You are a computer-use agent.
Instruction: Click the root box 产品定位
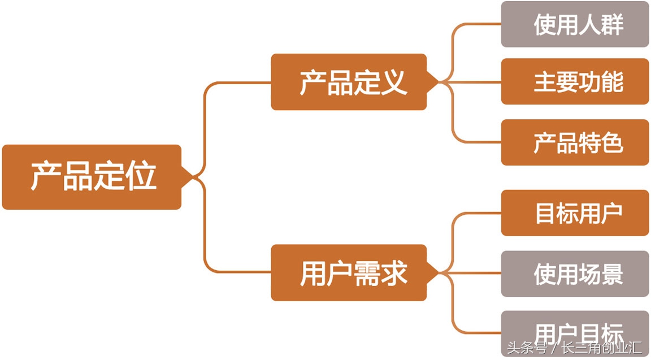click(92, 177)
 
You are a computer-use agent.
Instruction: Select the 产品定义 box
click(348, 82)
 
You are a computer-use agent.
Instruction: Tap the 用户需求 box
click(348, 273)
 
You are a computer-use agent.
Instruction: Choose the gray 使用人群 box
click(575, 24)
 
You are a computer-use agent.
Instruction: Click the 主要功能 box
click(575, 81)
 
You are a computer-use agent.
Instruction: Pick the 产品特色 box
click(575, 142)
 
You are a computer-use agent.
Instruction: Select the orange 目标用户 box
click(575, 213)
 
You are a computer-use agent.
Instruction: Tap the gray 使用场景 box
click(575, 274)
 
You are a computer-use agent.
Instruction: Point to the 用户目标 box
click(575, 331)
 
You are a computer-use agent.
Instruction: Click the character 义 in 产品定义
click(394, 82)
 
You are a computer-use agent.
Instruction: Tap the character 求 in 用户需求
click(394, 274)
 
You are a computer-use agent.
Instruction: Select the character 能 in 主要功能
click(613, 81)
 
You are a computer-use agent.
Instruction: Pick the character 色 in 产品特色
click(613, 142)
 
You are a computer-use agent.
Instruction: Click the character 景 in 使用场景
click(613, 274)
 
